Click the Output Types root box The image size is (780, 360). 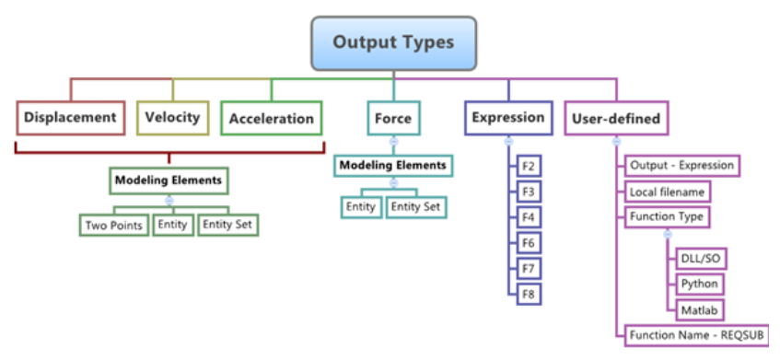coord(393,42)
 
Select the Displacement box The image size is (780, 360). coord(70,118)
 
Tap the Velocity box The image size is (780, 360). coord(173,118)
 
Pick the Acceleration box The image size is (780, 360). coord(271,119)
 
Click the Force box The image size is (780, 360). coord(392,119)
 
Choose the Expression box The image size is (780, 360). coord(508,118)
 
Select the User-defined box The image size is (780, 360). coord(616,119)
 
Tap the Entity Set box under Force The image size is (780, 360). coord(415,207)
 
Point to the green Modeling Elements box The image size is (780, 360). coord(168,180)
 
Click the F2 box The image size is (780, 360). coord(529,167)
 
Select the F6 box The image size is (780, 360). coord(529,243)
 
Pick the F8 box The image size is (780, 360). coord(529,295)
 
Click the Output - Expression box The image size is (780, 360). coord(681,166)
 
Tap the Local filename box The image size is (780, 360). coord(668,192)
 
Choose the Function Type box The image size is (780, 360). coord(667,217)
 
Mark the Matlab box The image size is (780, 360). coord(699,308)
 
